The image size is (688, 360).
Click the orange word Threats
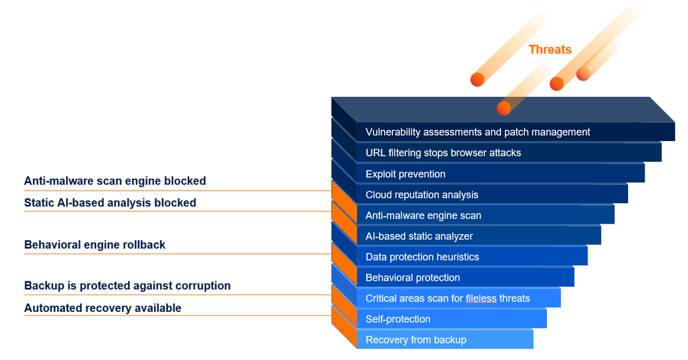point(550,50)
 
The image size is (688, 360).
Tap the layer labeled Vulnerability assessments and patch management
point(477,132)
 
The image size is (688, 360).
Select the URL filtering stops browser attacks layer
point(443,153)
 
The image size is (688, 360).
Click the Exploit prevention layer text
point(405,174)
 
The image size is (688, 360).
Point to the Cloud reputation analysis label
point(422,195)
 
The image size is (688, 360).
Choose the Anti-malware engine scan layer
point(423,215)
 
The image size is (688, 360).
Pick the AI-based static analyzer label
point(419,236)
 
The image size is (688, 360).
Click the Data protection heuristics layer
point(422,257)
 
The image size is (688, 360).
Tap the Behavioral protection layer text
point(412,277)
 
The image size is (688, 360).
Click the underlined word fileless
point(481,299)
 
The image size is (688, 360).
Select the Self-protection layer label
point(398,319)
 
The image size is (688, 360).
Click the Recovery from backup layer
point(416,340)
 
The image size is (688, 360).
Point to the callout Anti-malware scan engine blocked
point(115,181)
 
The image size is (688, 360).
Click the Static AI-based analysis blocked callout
point(110,203)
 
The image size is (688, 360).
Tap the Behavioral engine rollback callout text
point(95,244)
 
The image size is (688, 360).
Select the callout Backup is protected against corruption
point(127,286)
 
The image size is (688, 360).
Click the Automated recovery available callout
point(103,308)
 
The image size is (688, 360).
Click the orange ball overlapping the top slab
point(504,108)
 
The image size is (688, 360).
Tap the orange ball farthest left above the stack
point(477,79)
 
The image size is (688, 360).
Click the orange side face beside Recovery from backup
point(344,327)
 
